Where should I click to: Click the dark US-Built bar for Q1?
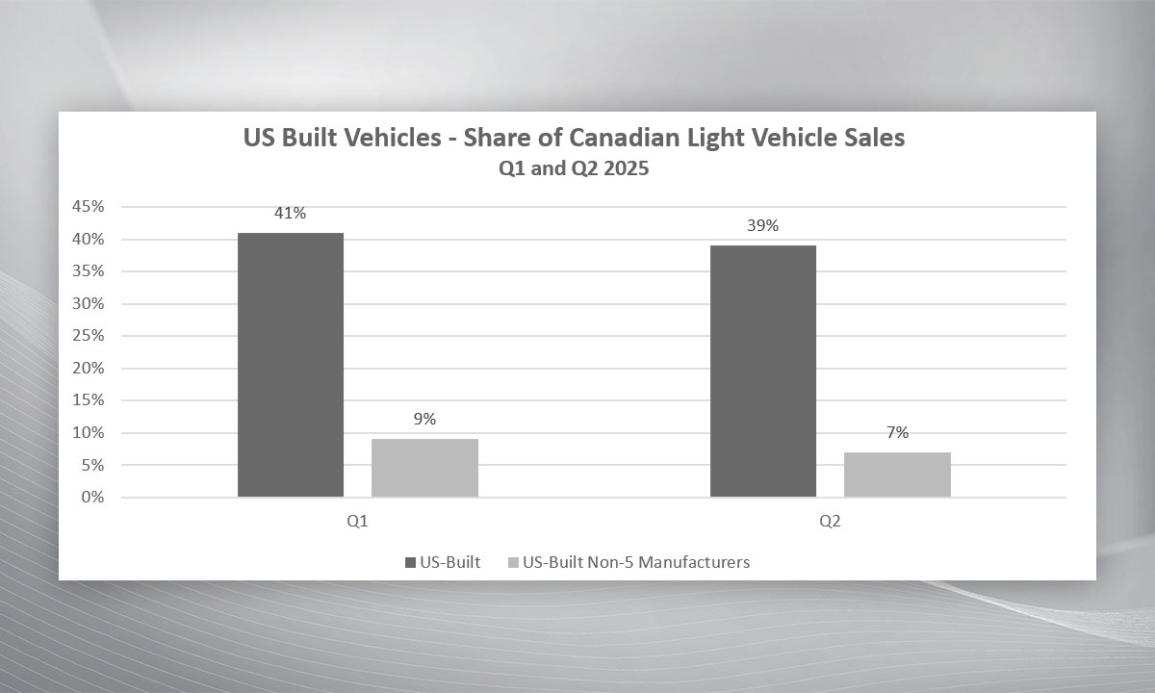coord(290,365)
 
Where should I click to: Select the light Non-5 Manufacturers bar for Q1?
coord(424,468)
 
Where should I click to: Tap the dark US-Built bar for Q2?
coord(763,372)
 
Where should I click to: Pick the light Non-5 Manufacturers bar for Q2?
coord(897,475)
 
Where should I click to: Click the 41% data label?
coord(290,214)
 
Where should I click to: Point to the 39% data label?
coord(763,226)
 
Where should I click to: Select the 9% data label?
coord(424,420)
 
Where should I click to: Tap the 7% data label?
coord(897,433)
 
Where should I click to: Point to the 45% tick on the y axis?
coord(89,207)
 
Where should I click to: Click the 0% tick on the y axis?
coord(92,498)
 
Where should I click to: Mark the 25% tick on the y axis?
coord(89,336)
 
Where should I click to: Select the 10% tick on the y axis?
coord(89,433)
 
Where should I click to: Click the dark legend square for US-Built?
coord(410,562)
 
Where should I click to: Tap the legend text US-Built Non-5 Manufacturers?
coord(635,562)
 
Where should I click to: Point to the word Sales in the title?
coord(874,139)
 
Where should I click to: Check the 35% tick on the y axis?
coord(89,271)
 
